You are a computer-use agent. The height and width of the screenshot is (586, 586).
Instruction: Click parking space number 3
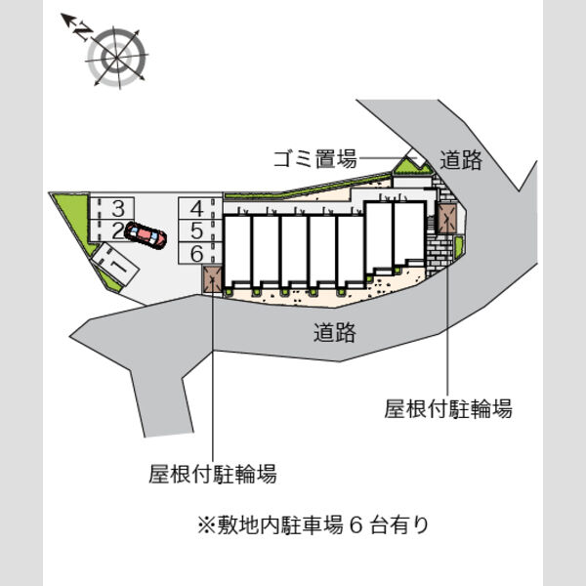click(111, 208)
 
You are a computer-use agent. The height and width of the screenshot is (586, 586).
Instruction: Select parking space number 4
click(200, 208)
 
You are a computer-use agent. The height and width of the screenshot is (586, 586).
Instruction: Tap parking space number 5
click(200, 230)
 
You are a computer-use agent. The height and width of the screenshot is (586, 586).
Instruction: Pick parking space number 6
click(200, 253)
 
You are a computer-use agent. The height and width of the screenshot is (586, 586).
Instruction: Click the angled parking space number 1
click(115, 264)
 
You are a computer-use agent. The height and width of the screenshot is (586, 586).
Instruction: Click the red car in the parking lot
click(146, 235)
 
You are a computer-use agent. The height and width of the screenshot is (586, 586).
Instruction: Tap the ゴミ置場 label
click(315, 159)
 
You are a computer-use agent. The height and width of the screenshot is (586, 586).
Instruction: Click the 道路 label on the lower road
click(334, 332)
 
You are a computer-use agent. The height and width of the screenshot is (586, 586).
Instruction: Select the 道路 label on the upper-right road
click(460, 160)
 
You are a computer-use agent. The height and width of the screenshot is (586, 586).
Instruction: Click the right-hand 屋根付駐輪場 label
click(447, 408)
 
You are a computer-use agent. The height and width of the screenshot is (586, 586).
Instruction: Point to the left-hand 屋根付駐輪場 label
click(213, 474)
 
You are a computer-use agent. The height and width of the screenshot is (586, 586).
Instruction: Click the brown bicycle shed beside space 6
click(213, 278)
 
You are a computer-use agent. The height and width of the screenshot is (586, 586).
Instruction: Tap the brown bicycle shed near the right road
click(447, 219)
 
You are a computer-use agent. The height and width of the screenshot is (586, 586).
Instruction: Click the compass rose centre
click(116, 58)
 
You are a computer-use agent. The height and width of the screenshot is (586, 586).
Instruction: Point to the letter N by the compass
click(84, 31)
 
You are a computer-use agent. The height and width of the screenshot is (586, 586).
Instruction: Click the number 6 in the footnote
click(356, 525)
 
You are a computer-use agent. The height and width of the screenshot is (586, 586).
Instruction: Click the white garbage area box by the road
click(416, 157)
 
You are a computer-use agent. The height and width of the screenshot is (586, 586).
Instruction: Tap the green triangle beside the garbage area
click(412, 167)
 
